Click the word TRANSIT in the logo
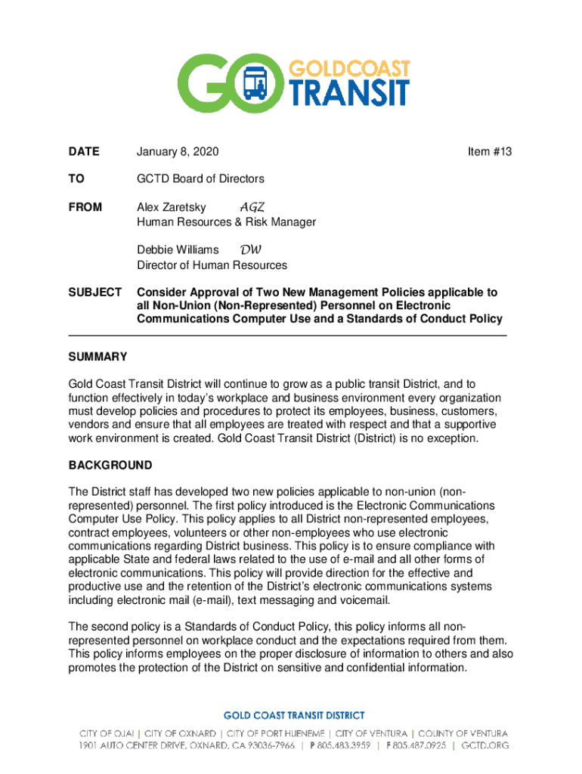[x=347, y=92]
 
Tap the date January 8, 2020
[x=178, y=152]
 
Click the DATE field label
[x=84, y=152]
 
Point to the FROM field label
[x=85, y=207]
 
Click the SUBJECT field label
[x=95, y=292]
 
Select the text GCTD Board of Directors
[x=200, y=179]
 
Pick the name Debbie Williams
[x=178, y=249]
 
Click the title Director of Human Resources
[x=212, y=265]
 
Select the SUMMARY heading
[x=98, y=357]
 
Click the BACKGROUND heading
[x=110, y=465]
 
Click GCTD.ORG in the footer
[x=484, y=745]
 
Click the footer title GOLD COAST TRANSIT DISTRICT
[x=294, y=715]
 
